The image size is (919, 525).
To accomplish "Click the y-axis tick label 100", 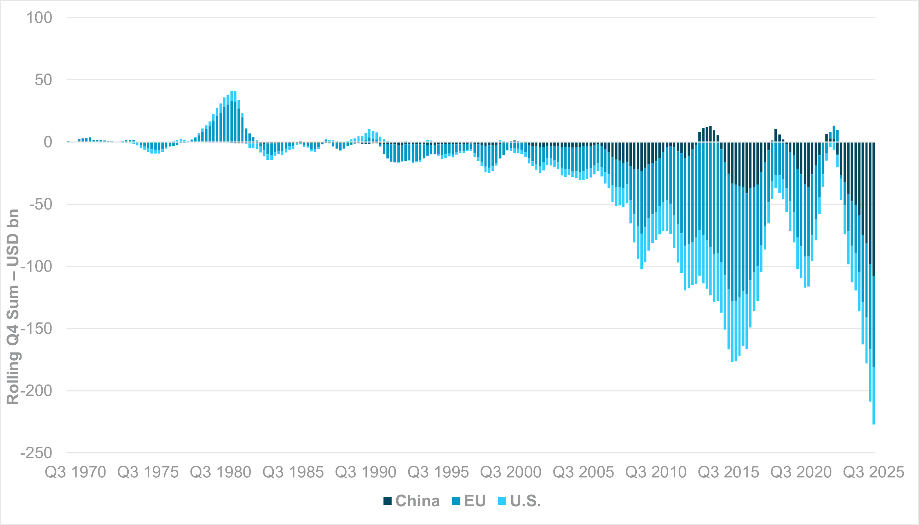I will tap(39, 18).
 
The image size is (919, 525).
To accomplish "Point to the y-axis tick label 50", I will tap(43, 80).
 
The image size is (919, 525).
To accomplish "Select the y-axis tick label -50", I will tap(40, 204).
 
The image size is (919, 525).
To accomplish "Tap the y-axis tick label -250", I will tap(36, 453).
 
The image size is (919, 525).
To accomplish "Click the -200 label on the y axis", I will tap(36, 391).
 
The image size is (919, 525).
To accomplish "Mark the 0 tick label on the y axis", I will tap(48, 142).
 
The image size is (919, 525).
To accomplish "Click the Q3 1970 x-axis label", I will tap(75, 472).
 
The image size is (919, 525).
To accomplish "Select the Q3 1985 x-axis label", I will tap(293, 472).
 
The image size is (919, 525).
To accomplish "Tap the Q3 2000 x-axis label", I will tap(510, 472).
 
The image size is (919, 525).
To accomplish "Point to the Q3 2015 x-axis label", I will tap(728, 472).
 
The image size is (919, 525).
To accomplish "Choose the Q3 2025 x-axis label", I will tap(873, 472).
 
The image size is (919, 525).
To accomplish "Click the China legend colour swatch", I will tap(387, 501).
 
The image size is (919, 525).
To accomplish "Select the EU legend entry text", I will tap(475, 501).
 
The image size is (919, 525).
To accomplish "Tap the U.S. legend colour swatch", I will tap(502, 501).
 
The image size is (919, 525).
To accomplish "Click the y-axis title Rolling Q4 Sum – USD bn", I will tap(13, 307).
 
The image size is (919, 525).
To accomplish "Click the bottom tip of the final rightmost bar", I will tap(873, 424).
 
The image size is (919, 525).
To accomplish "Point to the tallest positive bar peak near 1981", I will tap(233, 91).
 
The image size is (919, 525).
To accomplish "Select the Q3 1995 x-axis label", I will tap(438, 472).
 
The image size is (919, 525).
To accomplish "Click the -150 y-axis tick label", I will tap(36, 329).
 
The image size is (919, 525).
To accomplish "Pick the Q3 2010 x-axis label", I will tap(656, 472).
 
